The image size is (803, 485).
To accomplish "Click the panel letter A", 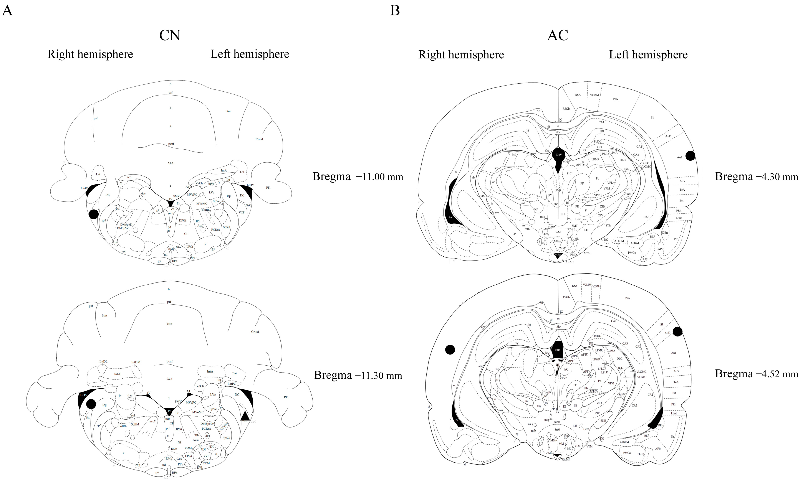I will click(7, 11).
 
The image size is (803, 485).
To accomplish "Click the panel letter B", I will click(395, 11).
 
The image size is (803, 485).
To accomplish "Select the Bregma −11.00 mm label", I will click(358, 177).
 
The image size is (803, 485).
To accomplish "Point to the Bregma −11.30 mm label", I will click(358, 375).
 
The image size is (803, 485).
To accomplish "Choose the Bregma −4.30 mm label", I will click(756, 177).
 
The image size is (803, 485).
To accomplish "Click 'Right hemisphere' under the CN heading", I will click(90, 54).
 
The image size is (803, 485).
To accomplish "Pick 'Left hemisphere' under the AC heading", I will click(648, 54).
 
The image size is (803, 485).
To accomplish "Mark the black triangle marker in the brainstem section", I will click(245, 415).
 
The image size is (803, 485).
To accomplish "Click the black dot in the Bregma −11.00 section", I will click(94, 214).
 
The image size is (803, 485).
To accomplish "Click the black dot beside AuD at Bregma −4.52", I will click(677, 332).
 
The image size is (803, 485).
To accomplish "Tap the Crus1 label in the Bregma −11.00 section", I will click(259, 139).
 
